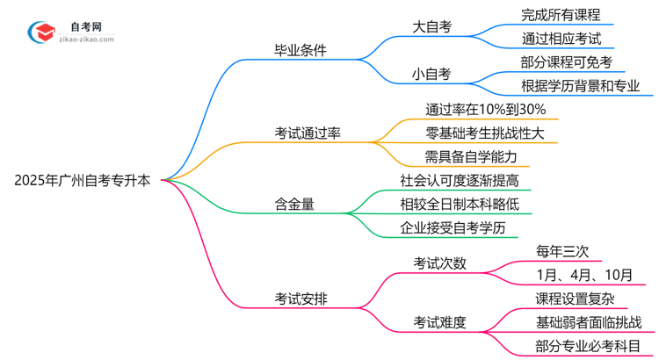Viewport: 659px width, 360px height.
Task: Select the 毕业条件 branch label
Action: (x=301, y=50)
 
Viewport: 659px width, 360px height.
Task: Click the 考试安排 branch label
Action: (x=301, y=298)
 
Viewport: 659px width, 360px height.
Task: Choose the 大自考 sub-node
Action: (x=432, y=26)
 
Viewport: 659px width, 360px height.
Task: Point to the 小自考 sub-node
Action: (x=432, y=74)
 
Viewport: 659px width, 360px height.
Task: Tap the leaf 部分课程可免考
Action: (x=567, y=61)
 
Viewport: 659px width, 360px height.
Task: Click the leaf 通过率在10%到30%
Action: (x=486, y=110)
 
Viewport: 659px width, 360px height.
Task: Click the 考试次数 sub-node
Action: (x=440, y=263)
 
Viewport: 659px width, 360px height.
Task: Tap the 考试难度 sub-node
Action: (x=440, y=322)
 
